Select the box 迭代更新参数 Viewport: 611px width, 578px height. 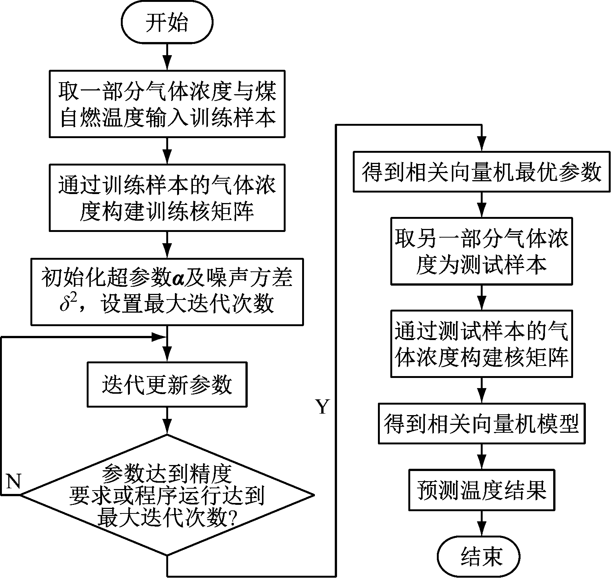tap(167, 384)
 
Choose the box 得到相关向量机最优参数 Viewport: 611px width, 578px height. tap(481, 172)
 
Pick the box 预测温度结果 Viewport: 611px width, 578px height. tap(481, 489)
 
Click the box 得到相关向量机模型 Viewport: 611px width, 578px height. tap(481, 424)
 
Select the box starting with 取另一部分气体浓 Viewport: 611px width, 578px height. tap(481, 251)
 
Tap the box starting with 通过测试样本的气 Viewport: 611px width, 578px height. tap(481, 343)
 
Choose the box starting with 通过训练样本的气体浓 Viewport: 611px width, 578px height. tap(167, 197)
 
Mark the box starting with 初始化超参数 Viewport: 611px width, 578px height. tap(167, 291)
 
